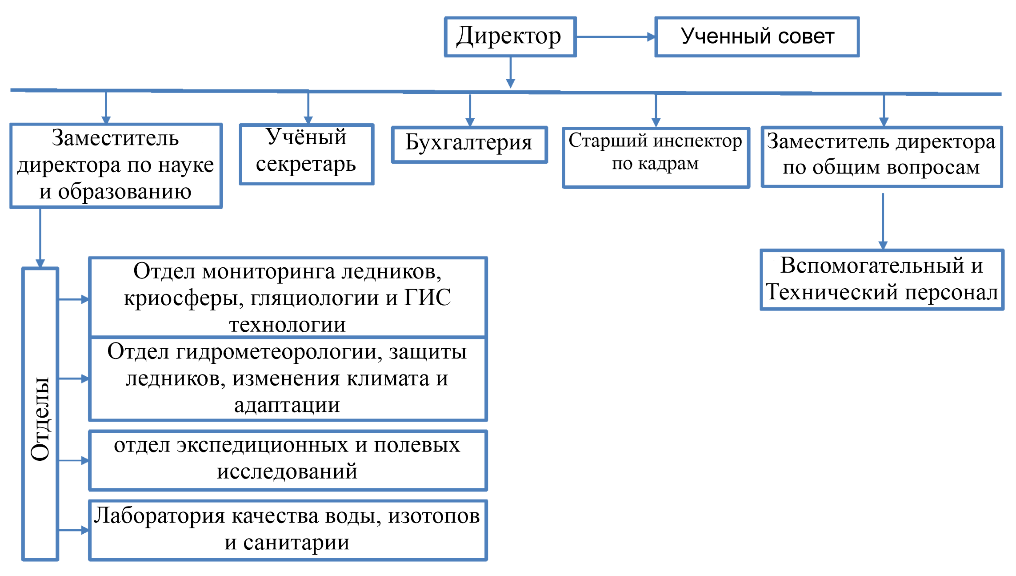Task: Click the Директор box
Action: pyautogui.click(x=510, y=37)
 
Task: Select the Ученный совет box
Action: pyautogui.click(x=757, y=37)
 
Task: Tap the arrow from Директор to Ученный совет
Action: pyautogui.click(x=616, y=37)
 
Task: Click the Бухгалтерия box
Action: pyautogui.click(x=469, y=144)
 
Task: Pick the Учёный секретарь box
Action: pyautogui.click(x=307, y=154)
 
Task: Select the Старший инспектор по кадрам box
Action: pyautogui.click(x=656, y=157)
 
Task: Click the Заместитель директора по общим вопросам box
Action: pyautogui.click(x=881, y=157)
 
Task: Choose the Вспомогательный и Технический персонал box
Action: pyautogui.click(x=882, y=279)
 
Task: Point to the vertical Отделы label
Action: pyautogui.click(x=40, y=418)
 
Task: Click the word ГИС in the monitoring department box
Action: pyautogui.click(x=428, y=298)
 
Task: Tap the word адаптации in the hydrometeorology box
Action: pyautogui.click(x=287, y=405)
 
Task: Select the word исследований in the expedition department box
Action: pyautogui.click(x=287, y=471)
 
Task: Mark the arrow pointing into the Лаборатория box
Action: pyautogui.click(x=74, y=530)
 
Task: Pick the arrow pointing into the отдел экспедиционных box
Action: pyautogui.click(x=74, y=460)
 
